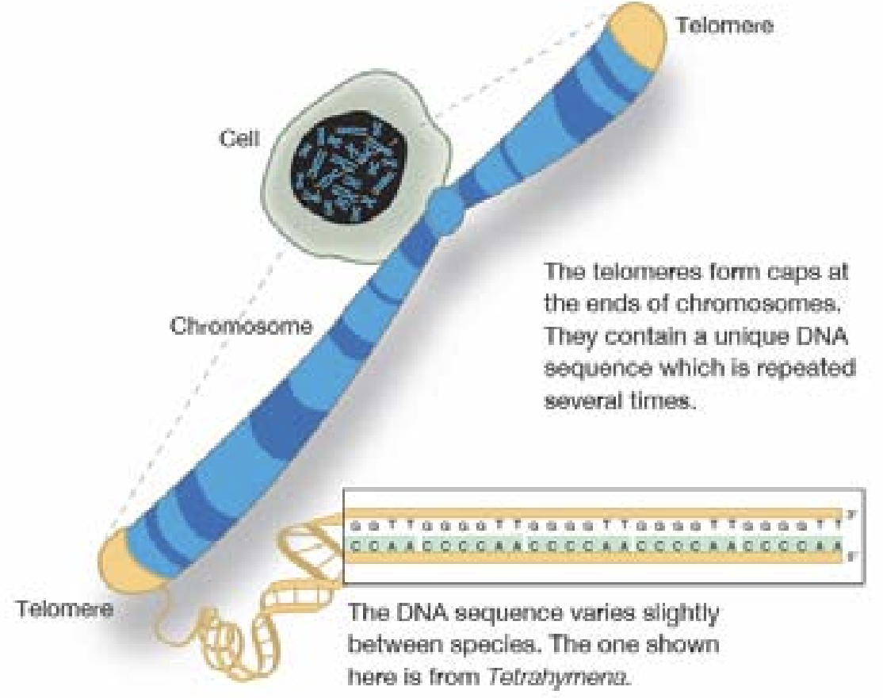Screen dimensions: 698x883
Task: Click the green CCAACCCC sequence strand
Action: tap(594, 545)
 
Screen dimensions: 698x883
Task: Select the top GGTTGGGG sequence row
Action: tap(594, 523)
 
